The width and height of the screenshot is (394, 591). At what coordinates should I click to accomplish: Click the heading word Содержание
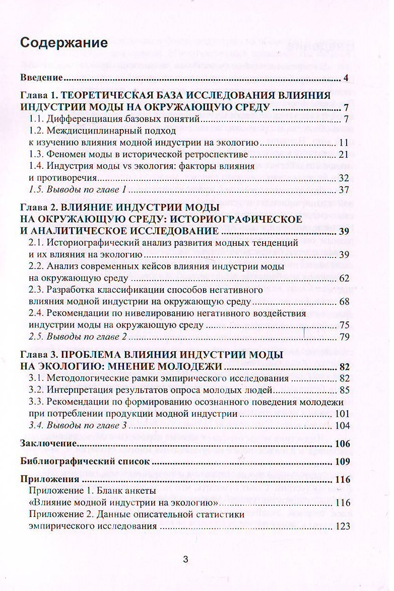click(64, 43)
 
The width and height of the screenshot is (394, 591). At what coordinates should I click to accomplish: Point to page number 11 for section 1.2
click(344, 143)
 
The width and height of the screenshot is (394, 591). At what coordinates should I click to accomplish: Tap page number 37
click(344, 190)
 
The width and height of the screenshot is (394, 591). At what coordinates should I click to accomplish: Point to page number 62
click(344, 278)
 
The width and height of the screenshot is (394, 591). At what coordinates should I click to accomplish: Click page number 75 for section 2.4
click(344, 325)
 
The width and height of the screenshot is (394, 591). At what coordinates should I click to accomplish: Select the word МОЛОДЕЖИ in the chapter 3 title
click(185, 366)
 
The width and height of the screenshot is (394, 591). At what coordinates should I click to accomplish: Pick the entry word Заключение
click(48, 444)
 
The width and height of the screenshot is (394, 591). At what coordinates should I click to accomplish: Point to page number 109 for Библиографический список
click(342, 462)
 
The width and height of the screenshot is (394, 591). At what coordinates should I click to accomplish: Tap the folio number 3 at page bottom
click(185, 559)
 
